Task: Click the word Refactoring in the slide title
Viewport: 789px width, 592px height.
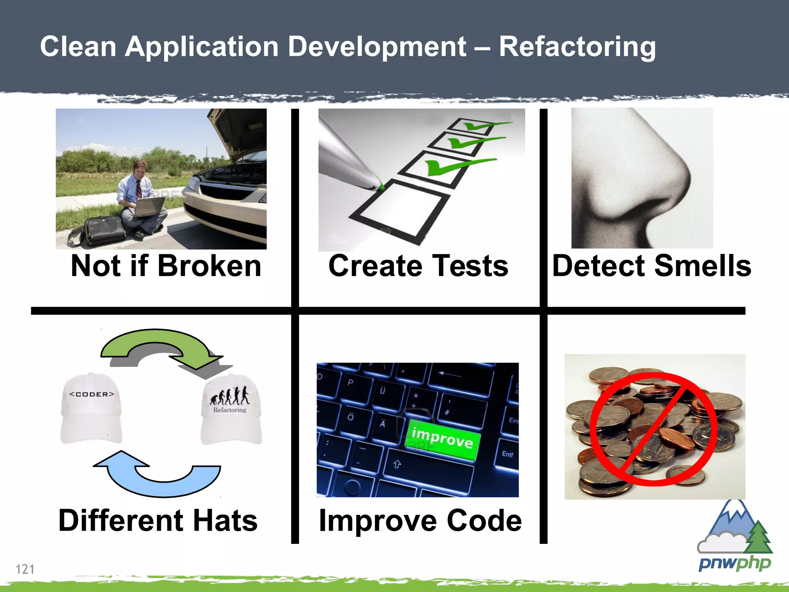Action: pos(577,47)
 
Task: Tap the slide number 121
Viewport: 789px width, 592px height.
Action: pos(25,569)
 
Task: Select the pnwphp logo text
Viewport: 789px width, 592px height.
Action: pos(734,563)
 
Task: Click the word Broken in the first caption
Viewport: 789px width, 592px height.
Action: pos(210,266)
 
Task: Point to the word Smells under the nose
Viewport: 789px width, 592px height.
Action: pos(702,266)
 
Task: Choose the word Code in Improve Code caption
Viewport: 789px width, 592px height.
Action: pos(484,520)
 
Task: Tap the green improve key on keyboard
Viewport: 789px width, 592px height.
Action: pos(443,439)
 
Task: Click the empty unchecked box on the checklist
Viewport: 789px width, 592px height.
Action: pos(401,210)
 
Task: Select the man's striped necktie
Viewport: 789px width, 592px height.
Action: pos(138,189)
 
